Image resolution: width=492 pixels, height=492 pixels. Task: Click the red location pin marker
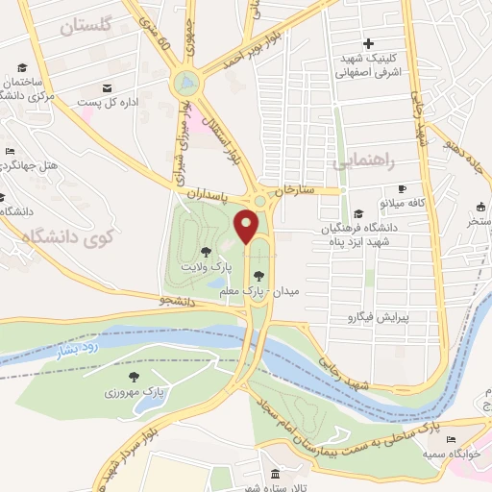[x=247, y=226]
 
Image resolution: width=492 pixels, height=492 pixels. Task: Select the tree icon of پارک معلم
[x=258, y=277]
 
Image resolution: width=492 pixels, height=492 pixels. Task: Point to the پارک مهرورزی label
[x=134, y=392]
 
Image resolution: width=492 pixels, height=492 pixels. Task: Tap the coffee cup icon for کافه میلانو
[x=402, y=189]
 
